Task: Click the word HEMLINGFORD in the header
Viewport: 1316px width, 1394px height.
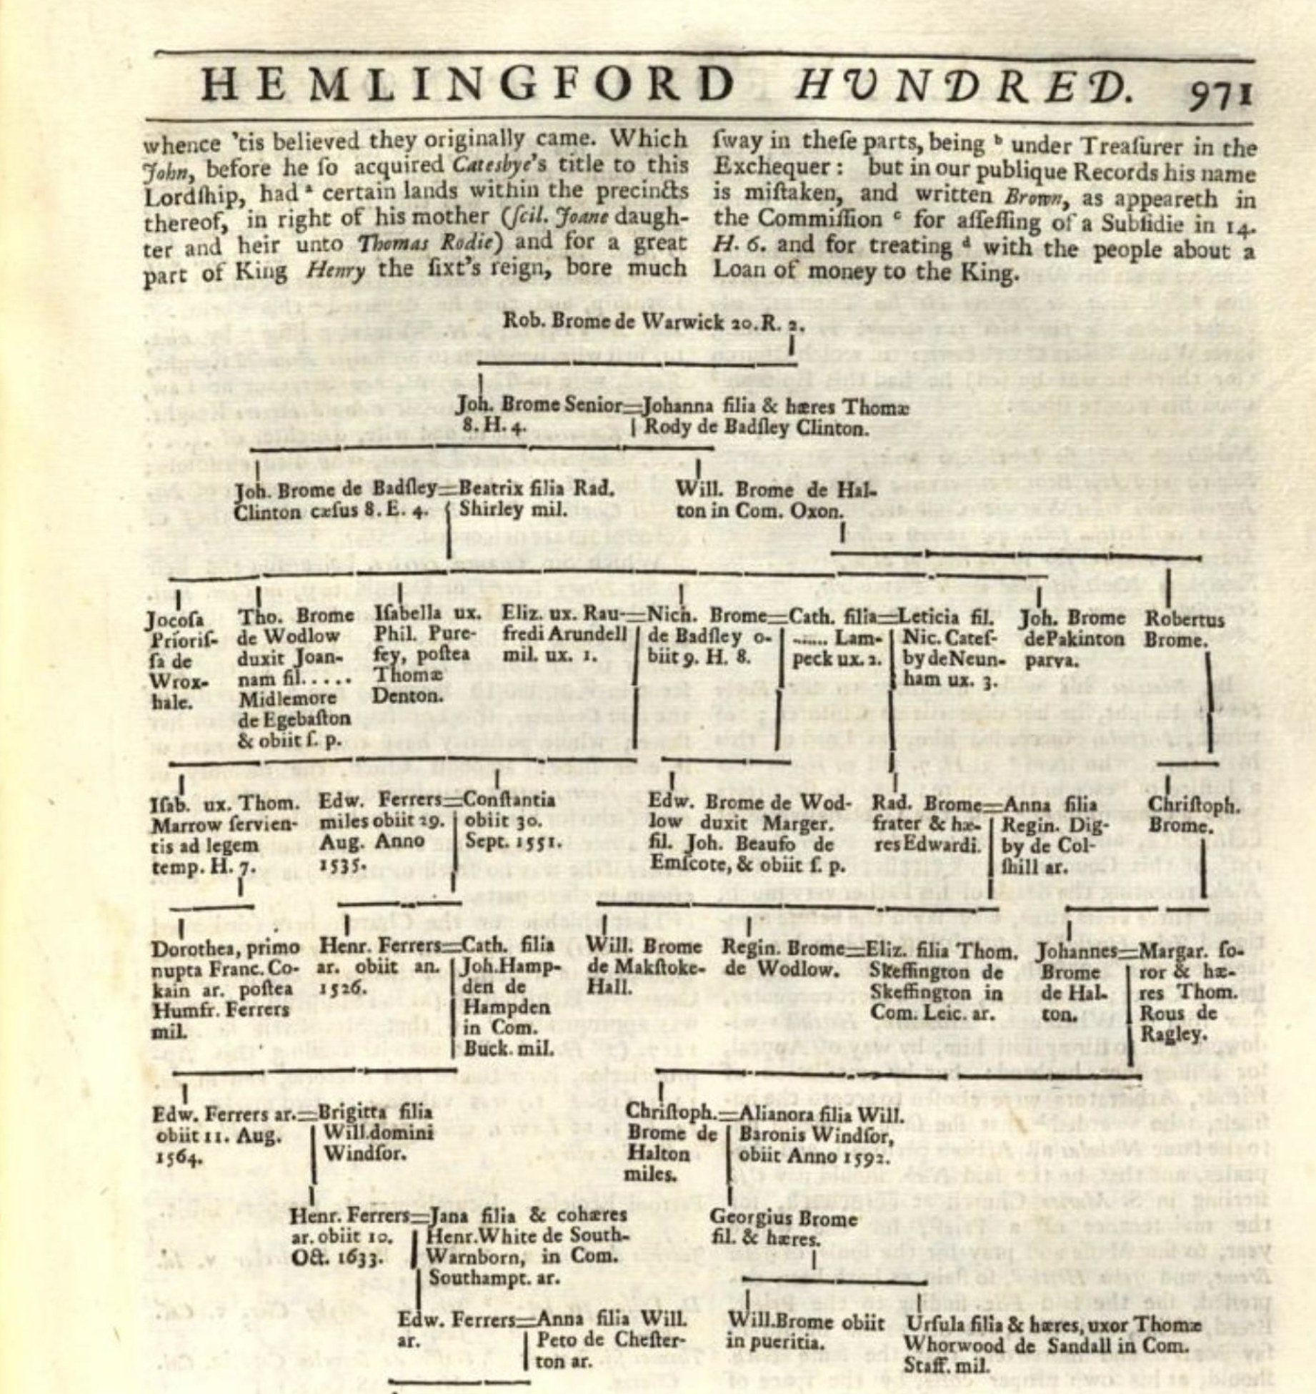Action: (x=468, y=84)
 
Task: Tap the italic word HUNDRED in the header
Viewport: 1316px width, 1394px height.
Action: (x=964, y=86)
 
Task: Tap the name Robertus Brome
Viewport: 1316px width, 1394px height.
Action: (x=1185, y=629)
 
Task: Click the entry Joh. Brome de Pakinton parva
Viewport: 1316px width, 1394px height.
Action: (x=1072, y=638)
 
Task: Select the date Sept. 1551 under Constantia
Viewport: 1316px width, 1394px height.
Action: (x=514, y=841)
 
